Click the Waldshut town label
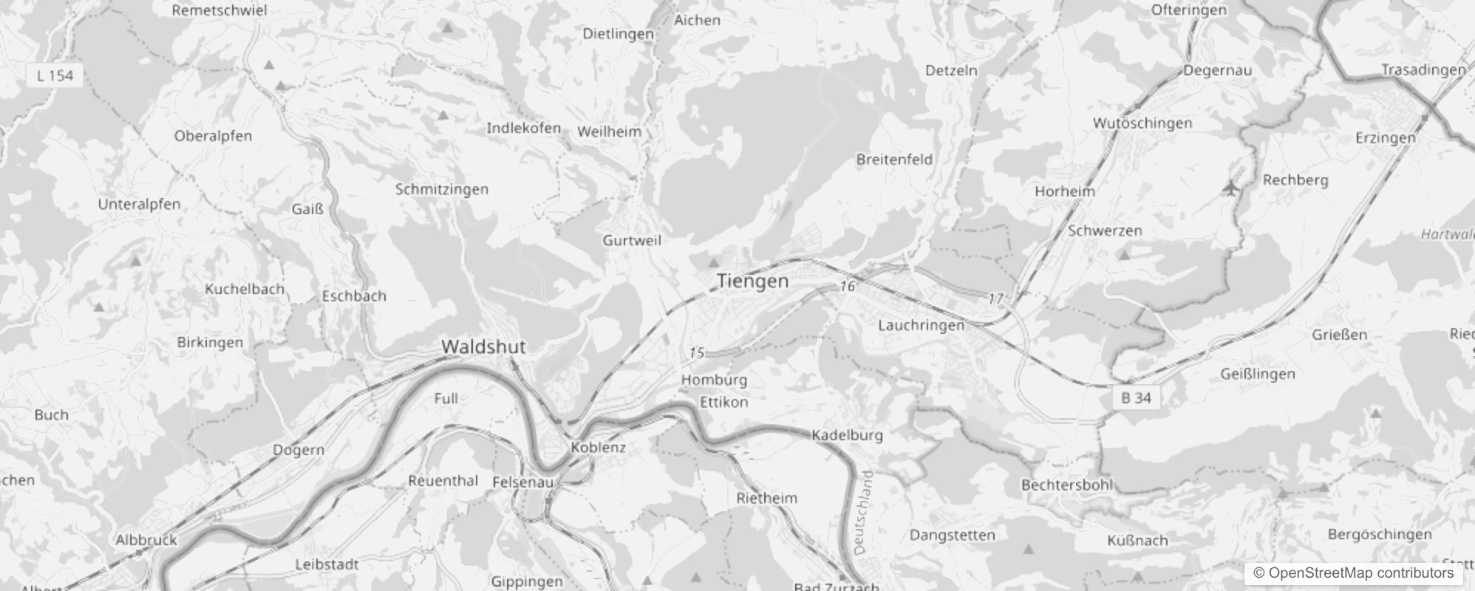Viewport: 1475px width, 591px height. pyautogui.click(x=483, y=346)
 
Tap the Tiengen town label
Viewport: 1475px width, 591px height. pyautogui.click(x=752, y=281)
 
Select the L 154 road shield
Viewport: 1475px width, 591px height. pyautogui.click(x=55, y=75)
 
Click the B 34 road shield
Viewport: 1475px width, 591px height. pyautogui.click(x=1136, y=397)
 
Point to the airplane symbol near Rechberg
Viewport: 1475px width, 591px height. pyautogui.click(x=1230, y=188)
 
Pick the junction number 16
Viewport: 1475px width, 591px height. pyautogui.click(x=847, y=286)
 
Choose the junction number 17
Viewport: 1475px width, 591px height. pyautogui.click(x=996, y=298)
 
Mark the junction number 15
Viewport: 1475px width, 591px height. pyautogui.click(x=697, y=353)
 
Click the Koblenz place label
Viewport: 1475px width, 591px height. pyautogui.click(x=598, y=447)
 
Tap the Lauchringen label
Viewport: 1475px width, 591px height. pyautogui.click(x=921, y=325)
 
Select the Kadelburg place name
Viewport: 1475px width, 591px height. pyautogui.click(x=847, y=435)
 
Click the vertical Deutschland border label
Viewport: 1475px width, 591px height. pyautogui.click(x=862, y=512)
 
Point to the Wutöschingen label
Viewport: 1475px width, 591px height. pyautogui.click(x=1142, y=123)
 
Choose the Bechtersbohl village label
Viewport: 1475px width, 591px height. pyautogui.click(x=1066, y=485)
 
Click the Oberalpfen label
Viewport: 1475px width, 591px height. pyautogui.click(x=213, y=136)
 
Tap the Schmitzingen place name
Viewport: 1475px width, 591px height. pyautogui.click(x=442, y=189)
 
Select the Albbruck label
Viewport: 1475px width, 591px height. pyautogui.click(x=146, y=540)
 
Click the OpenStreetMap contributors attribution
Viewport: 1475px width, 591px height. pyautogui.click(x=1353, y=573)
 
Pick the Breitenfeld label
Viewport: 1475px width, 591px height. pyautogui.click(x=894, y=160)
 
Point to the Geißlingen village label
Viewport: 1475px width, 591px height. pyautogui.click(x=1258, y=374)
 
